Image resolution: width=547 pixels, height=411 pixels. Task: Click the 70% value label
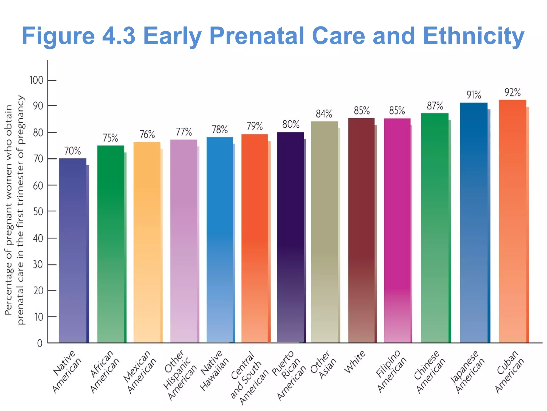(72, 151)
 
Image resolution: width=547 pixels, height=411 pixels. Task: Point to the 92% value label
(512, 93)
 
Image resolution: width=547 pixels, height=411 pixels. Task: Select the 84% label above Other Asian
(324, 114)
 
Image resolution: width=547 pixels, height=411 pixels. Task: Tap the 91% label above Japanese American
(474, 95)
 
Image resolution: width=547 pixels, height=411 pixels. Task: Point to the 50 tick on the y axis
(38, 211)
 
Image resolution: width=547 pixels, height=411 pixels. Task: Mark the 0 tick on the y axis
(40, 343)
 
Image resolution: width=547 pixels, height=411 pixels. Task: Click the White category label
(354, 362)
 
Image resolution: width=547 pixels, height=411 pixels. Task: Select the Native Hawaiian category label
(214, 371)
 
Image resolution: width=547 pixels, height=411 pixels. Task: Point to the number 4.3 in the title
(119, 36)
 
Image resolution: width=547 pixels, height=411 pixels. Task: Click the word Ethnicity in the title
(474, 36)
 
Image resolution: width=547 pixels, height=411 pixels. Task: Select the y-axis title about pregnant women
(14, 210)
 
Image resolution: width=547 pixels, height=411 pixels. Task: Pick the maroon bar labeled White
(361, 230)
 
